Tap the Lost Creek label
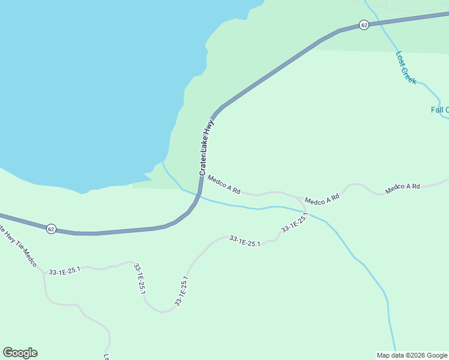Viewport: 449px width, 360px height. coord(406,67)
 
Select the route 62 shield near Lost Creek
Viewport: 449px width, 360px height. coord(364,25)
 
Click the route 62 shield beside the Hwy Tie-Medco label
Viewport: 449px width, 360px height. coord(51,229)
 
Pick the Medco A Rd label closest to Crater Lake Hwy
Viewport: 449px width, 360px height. coord(224,184)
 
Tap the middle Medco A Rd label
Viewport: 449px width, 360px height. coord(322,199)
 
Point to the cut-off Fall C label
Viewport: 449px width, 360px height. coord(439,110)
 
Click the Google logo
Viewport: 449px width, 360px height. coord(20,353)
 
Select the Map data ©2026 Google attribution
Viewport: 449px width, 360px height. coord(412,355)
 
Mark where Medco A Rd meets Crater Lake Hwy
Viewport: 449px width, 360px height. coord(201,176)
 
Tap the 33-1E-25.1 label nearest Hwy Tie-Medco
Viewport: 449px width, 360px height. coord(64,271)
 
